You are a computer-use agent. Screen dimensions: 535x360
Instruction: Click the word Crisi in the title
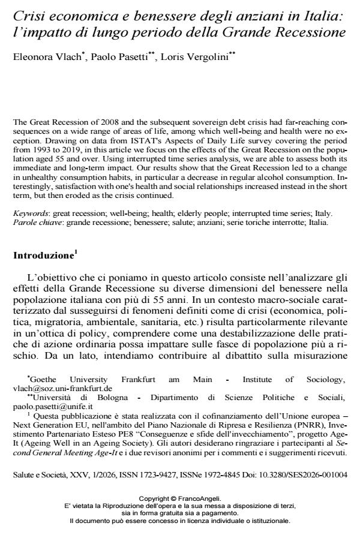coord(28,11)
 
